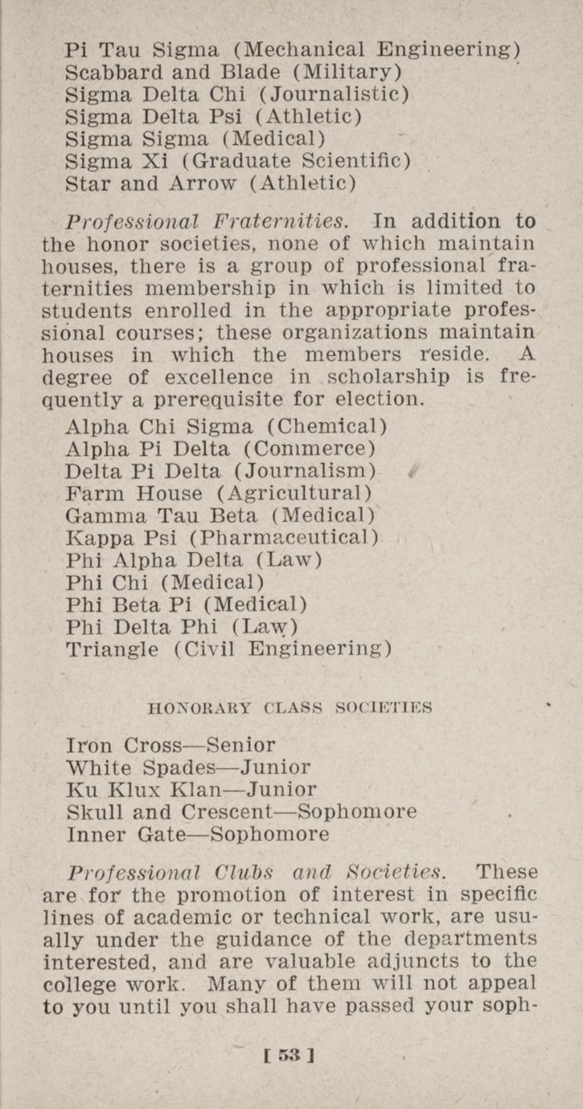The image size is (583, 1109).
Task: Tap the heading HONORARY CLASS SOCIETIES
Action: [x=290, y=708]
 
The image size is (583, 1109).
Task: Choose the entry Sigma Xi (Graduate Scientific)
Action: [x=238, y=161]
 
